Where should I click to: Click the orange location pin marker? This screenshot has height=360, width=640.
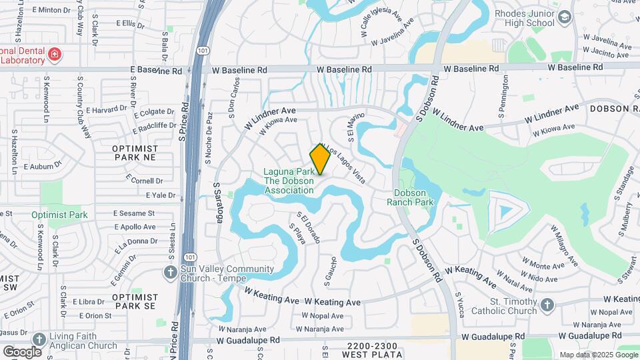[x=320, y=159]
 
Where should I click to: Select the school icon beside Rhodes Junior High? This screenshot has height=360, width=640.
[x=564, y=17]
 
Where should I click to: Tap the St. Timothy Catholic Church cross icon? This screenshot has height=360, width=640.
[x=547, y=305]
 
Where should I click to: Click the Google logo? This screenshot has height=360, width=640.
[x=22, y=351]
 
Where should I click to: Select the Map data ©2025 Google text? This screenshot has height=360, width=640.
[x=598, y=355]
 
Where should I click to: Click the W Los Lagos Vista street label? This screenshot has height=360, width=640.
[x=344, y=164]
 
